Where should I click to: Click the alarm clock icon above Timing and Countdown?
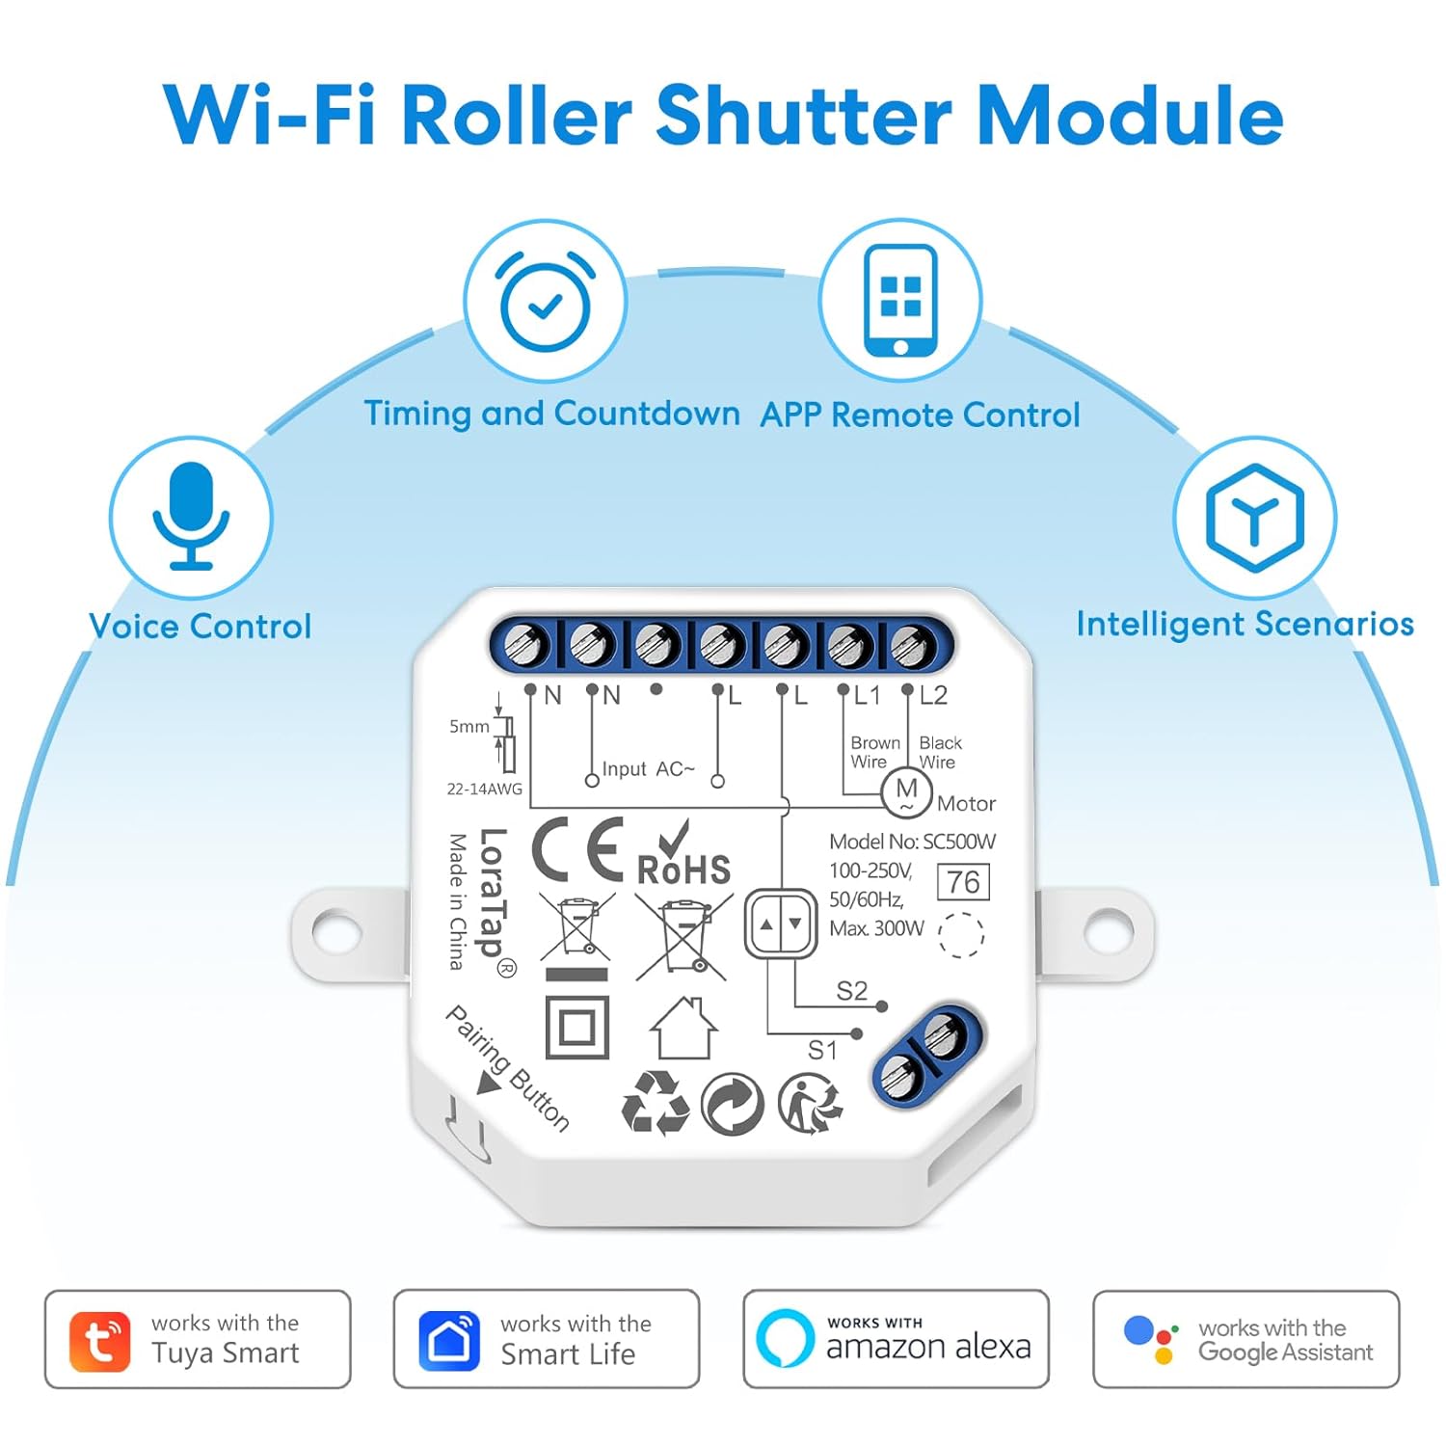point(545,304)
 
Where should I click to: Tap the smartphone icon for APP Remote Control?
point(900,300)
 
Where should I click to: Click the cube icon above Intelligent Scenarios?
point(1254,518)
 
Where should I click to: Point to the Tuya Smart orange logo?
point(99,1341)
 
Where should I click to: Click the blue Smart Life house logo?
point(449,1341)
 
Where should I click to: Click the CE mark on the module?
point(577,849)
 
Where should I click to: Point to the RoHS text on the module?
point(684,870)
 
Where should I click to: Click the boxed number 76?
point(963,882)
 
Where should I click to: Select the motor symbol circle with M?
point(906,792)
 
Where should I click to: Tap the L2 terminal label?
point(933,696)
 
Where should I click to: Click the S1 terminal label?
point(822,1050)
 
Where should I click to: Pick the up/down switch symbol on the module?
point(781,924)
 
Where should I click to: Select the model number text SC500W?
point(959,842)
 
